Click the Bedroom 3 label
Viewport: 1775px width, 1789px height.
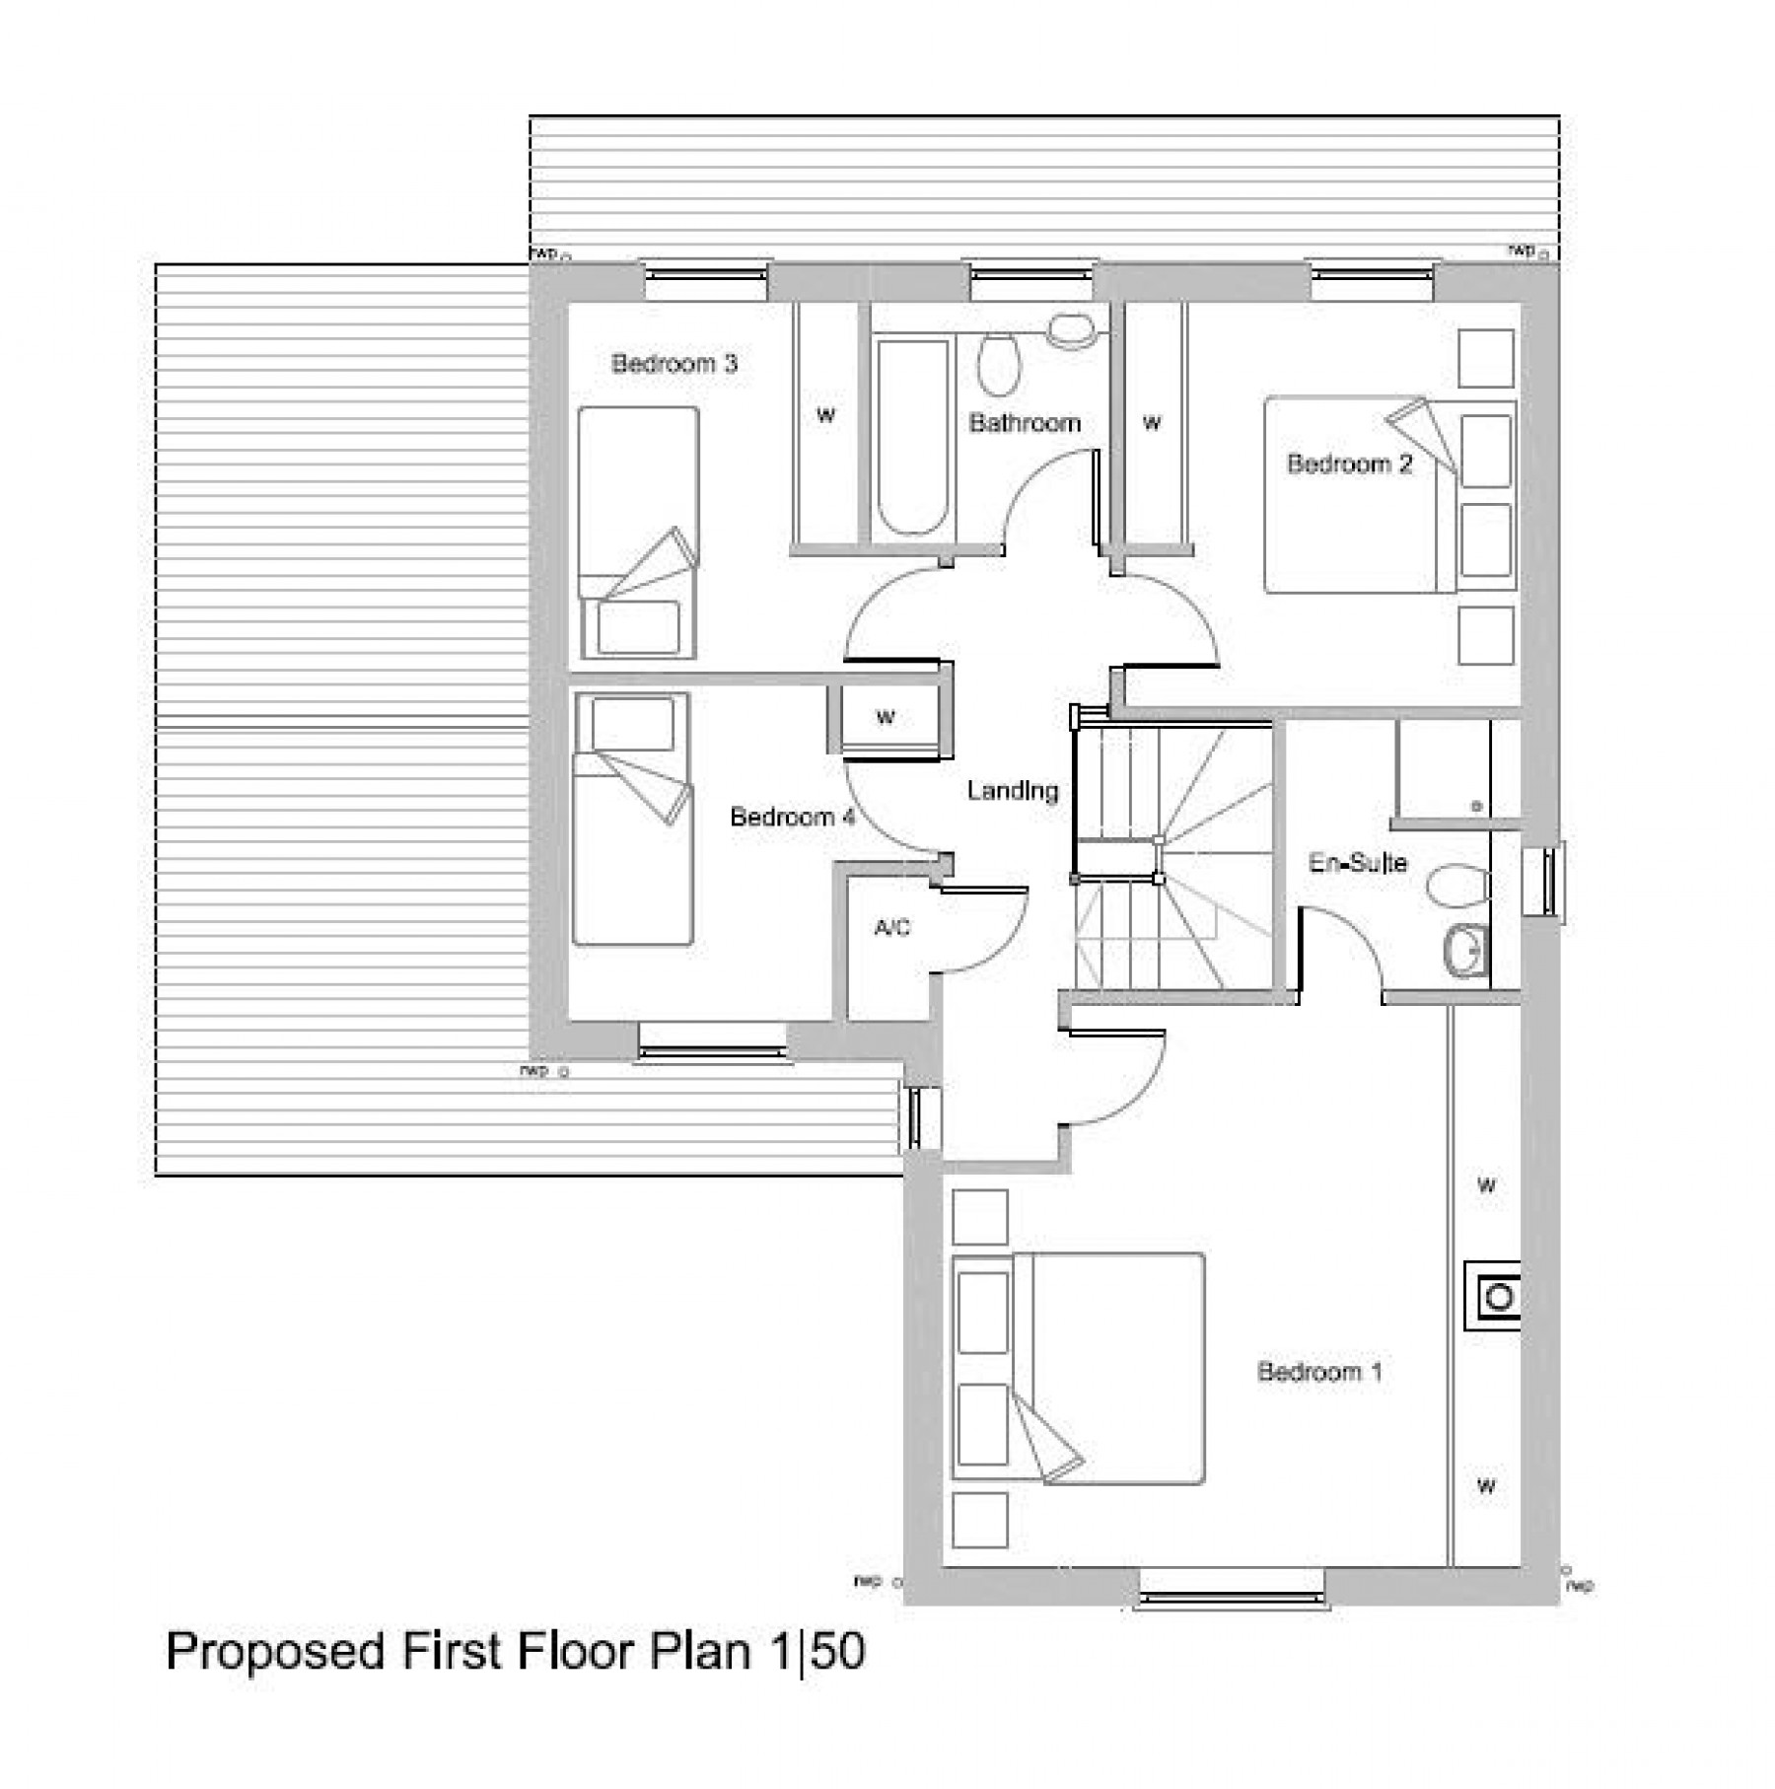pyautogui.click(x=674, y=364)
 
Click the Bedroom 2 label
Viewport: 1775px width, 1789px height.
pyautogui.click(x=1349, y=464)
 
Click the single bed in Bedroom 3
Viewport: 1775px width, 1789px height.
pyautogui.click(x=638, y=533)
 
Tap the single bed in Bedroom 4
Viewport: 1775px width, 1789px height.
pyautogui.click(x=632, y=819)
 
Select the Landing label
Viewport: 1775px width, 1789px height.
pyautogui.click(x=1012, y=791)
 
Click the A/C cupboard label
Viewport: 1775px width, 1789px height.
pyautogui.click(x=891, y=928)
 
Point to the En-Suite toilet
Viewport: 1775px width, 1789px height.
pyautogui.click(x=1457, y=885)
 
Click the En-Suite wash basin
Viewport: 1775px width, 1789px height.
pyautogui.click(x=1464, y=952)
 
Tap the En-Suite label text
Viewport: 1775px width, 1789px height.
pyautogui.click(x=1357, y=864)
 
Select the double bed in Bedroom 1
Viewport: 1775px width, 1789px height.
pyautogui.click(x=1080, y=1368)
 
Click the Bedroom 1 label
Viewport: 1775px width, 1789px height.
pyautogui.click(x=1318, y=1372)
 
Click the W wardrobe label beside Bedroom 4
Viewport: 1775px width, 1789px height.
pyautogui.click(x=885, y=718)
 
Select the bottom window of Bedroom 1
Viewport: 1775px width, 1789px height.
pyautogui.click(x=1232, y=1599)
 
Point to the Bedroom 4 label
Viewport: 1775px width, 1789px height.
pyautogui.click(x=791, y=818)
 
